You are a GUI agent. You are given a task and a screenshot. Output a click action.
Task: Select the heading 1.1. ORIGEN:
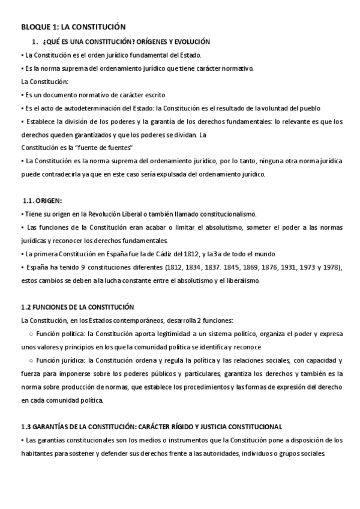point(41,201)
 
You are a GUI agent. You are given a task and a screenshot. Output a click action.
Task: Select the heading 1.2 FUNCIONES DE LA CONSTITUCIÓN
point(77,307)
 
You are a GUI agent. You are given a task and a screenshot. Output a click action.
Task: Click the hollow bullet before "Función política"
point(31,333)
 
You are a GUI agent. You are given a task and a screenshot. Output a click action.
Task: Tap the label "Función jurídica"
point(61,360)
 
